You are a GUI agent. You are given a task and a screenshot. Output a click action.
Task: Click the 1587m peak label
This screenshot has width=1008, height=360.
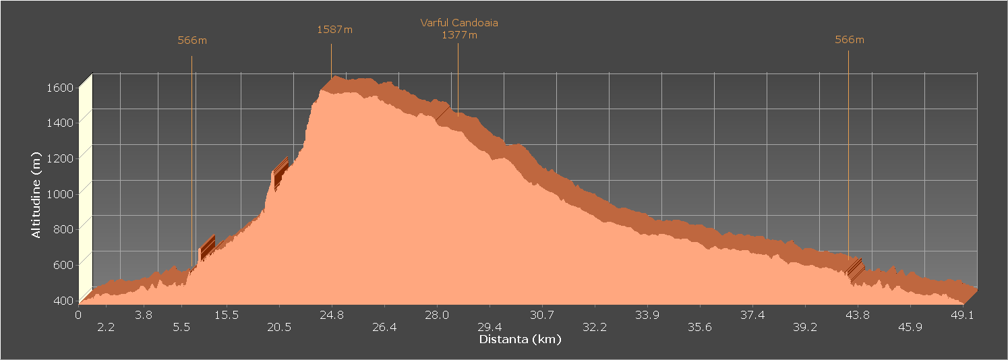[x=334, y=30]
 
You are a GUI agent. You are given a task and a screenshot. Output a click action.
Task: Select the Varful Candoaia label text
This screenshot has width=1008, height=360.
[x=459, y=23]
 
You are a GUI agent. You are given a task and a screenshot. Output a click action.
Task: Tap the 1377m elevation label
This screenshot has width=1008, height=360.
[x=459, y=35]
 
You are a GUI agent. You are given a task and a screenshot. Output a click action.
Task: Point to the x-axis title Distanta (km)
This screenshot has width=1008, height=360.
[x=520, y=339]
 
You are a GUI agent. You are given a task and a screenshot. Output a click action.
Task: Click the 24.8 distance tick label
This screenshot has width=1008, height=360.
[x=332, y=315]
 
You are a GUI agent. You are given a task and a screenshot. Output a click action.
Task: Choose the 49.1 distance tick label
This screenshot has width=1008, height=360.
[x=962, y=315]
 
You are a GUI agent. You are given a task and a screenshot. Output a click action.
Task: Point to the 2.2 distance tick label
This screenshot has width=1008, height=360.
[x=106, y=328]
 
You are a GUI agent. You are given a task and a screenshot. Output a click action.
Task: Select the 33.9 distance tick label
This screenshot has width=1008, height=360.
[x=647, y=315]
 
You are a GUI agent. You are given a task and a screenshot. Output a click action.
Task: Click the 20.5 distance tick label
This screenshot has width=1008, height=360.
[x=278, y=328]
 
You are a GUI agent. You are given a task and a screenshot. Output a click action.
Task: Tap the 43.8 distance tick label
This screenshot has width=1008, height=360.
[x=857, y=315]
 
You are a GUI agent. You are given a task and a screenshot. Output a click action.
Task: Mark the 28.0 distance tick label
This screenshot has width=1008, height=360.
[x=437, y=315]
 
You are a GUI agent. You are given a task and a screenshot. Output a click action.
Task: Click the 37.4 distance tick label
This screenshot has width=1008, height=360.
[x=752, y=315]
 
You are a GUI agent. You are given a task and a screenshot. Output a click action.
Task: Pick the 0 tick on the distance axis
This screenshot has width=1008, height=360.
[x=78, y=315]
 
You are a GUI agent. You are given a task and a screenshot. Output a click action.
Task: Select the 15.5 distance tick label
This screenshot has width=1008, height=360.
[x=227, y=315]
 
